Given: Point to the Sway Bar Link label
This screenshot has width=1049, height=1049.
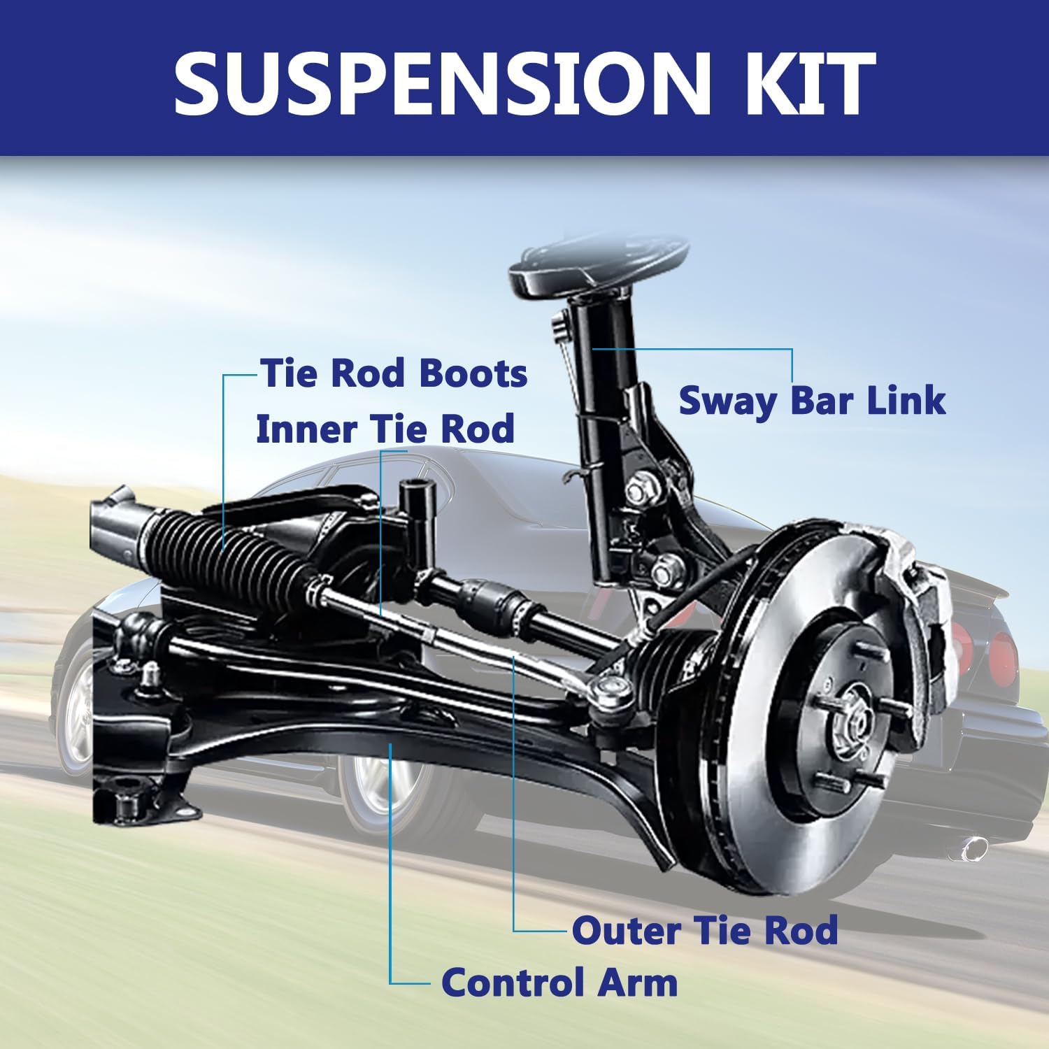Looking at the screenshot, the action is (812, 401).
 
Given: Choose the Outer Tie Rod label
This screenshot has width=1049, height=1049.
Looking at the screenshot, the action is (705, 930).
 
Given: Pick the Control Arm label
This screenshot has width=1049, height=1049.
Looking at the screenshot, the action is (559, 982).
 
